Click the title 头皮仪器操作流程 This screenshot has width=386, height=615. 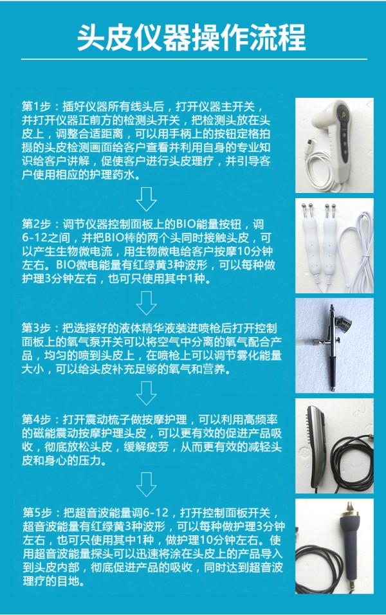point(191,38)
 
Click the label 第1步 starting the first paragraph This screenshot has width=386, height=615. point(37,107)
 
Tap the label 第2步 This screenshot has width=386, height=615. point(37,225)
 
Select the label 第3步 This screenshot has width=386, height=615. point(37,328)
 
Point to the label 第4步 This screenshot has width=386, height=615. point(37,419)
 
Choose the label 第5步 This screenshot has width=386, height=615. point(37,513)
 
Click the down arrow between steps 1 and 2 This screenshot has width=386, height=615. point(146,199)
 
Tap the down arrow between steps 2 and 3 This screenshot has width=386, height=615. point(146,303)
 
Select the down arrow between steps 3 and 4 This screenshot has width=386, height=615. point(146,393)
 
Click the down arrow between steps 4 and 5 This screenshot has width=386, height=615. point(146,485)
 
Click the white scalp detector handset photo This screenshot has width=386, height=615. point(335,145)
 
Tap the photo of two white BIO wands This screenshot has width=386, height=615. point(335,246)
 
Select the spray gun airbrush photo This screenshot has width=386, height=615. point(335,345)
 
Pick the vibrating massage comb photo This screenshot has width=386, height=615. point(335,446)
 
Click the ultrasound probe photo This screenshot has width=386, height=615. point(335,546)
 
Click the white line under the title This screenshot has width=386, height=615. point(194,59)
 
